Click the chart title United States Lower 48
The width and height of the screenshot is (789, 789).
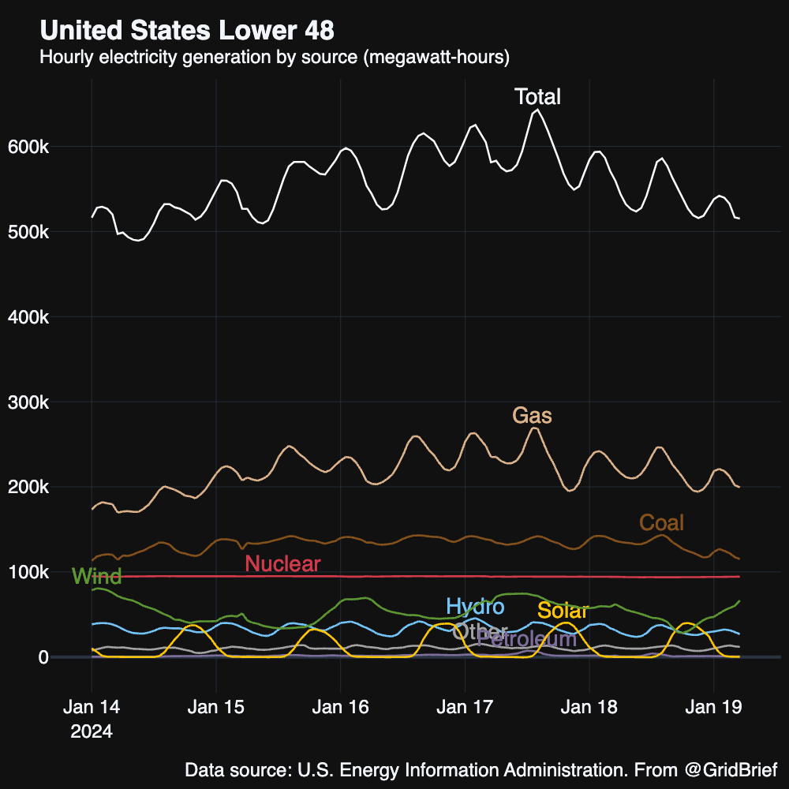pyautogui.click(x=187, y=31)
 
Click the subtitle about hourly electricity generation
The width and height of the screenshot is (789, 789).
pyautogui.click(x=275, y=58)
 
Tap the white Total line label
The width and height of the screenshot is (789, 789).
pyautogui.click(x=537, y=97)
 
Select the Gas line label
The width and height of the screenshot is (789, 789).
pyautogui.click(x=532, y=415)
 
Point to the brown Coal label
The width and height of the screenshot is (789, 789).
pyautogui.click(x=661, y=522)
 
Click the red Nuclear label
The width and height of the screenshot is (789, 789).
pyautogui.click(x=282, y=563)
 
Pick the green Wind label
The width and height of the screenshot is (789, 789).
pyautogui.click(x=96, y=576)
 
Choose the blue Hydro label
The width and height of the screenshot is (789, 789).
pyautogui.click(x=475, y=607)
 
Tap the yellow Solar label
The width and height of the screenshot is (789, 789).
pyautogui.click(x=563, y=611)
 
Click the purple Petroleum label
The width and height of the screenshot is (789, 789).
pyautogui.click(x=527, y=639)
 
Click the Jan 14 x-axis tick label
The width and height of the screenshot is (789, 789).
pyautogui.click(x=92, y=707)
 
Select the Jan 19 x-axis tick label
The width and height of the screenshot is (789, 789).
pyautogui.click(x=713, y=707)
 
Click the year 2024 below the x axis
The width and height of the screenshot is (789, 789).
pyautogui.click(x=92, y=731)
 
